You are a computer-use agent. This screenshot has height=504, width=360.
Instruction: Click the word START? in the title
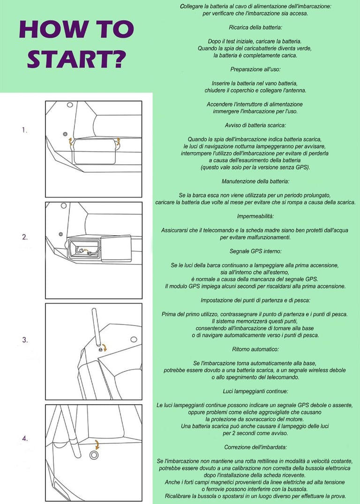76,59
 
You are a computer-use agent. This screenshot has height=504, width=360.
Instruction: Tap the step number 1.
25,130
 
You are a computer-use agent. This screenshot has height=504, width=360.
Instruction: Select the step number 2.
25,237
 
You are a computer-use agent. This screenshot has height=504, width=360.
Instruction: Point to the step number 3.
25,340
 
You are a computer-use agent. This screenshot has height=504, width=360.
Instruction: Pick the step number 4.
25,438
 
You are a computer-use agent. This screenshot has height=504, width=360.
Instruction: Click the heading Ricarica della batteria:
255,28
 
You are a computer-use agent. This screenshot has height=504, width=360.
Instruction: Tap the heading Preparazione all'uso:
255,69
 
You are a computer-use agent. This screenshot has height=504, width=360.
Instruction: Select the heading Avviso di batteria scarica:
255,125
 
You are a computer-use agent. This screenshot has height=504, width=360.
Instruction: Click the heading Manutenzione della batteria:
255,181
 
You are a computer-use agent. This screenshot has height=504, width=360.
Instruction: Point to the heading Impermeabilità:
255,216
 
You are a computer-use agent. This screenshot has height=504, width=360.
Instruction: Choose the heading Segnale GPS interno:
255,251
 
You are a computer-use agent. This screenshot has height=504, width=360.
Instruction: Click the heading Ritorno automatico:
255,349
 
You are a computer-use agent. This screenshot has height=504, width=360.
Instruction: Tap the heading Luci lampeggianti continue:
255,391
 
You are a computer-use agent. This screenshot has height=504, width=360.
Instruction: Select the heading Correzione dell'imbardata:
255,447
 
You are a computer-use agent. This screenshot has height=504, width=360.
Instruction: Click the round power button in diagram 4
94,455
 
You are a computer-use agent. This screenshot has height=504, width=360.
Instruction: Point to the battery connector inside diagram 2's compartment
84,251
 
